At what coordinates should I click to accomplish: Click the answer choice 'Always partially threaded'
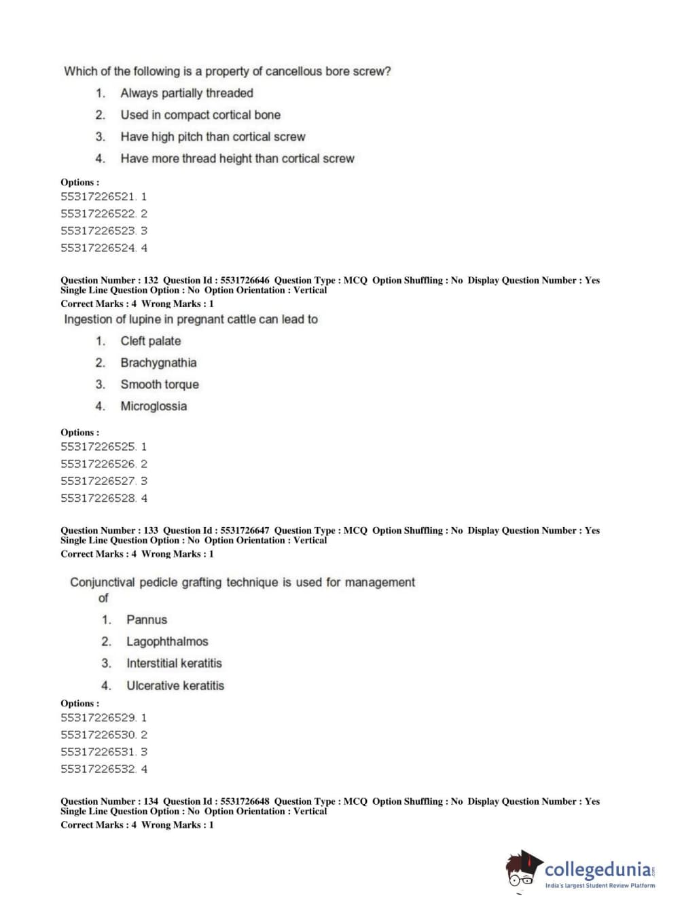tap(186, 93)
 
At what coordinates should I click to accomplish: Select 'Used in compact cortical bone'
tap(200, 115)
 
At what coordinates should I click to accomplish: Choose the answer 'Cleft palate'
tap(151, 341)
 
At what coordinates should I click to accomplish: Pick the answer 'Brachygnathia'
tap(158, 363)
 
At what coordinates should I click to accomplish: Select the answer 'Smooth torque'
tap(160, 384)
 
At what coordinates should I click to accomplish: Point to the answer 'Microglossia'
tap(154, 406)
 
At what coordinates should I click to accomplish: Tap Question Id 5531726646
tap(245, 280)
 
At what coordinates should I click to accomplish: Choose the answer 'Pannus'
tap(147, 619)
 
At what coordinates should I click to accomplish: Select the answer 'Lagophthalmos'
tap(167, 641)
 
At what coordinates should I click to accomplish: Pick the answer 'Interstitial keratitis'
tap(174, 663)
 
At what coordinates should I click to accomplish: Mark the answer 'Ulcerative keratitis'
tap(175, 685)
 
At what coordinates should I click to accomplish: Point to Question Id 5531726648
tap(245, 801)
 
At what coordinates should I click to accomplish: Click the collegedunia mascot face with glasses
tap(522, 871)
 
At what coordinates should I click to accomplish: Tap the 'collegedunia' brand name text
tap(596, 869)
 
